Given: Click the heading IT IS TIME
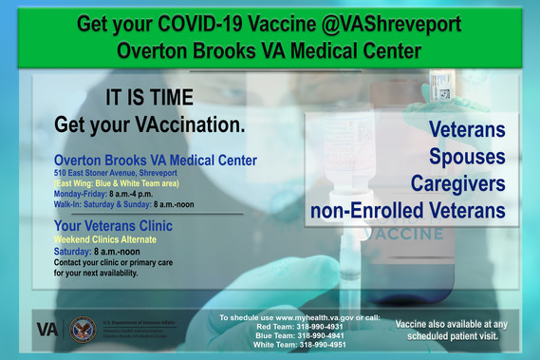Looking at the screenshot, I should coord(150,97).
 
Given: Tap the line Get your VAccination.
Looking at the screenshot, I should coord(150,123).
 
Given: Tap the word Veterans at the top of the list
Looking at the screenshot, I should coord(467,129).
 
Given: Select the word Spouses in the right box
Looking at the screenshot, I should coord(467,155).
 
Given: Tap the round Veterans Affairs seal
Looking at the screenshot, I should coord(83,329).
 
